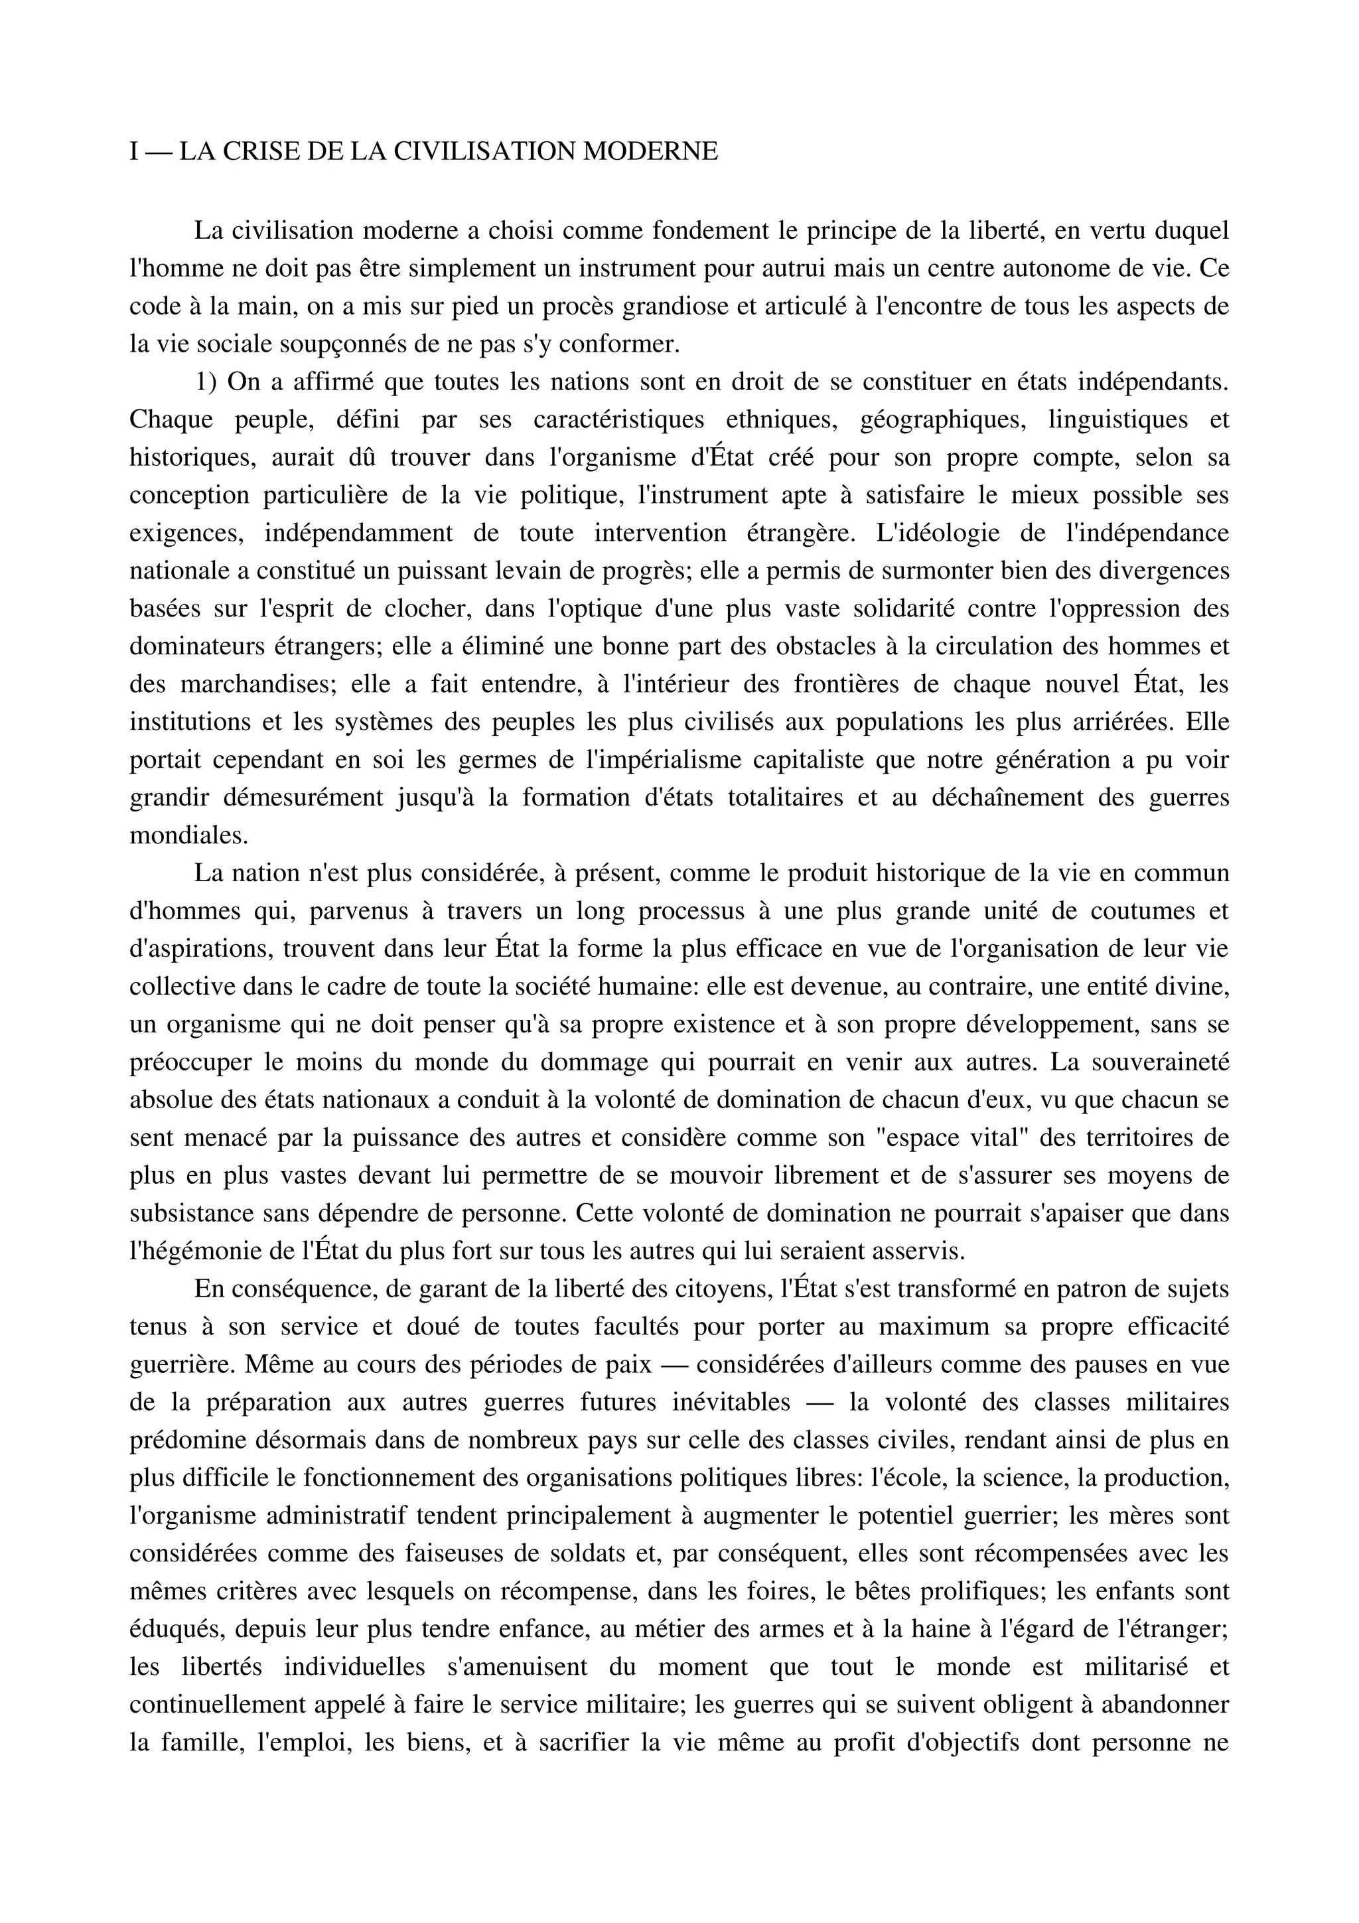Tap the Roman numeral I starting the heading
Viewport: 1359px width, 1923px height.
tap(135, 151)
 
